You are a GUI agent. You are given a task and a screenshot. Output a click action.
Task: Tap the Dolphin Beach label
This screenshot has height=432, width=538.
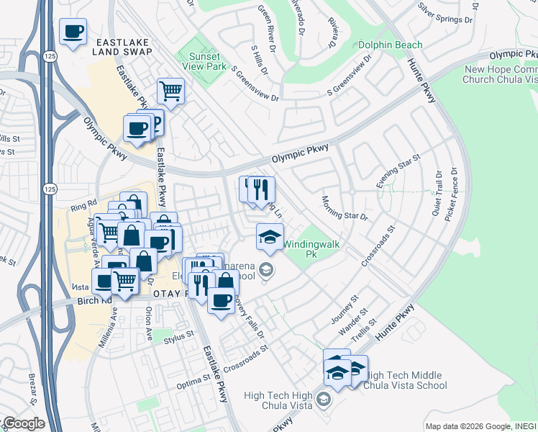click(x=391, y=45)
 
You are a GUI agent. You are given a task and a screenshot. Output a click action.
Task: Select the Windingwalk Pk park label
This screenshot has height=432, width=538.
click(x=310, y=249)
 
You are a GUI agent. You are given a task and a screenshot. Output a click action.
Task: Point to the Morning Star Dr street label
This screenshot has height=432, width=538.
click(x=345, y=208)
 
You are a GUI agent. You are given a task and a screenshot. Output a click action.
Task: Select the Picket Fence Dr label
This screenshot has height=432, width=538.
click(x=454, y=194)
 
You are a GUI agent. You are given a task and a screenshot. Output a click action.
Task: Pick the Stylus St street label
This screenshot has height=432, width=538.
click(x=179, y=335)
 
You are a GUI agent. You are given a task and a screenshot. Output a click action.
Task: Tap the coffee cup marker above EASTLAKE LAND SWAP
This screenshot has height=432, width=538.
click(x=73, y=32)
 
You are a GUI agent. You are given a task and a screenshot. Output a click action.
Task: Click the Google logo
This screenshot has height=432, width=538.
click(x=23, y=423)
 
